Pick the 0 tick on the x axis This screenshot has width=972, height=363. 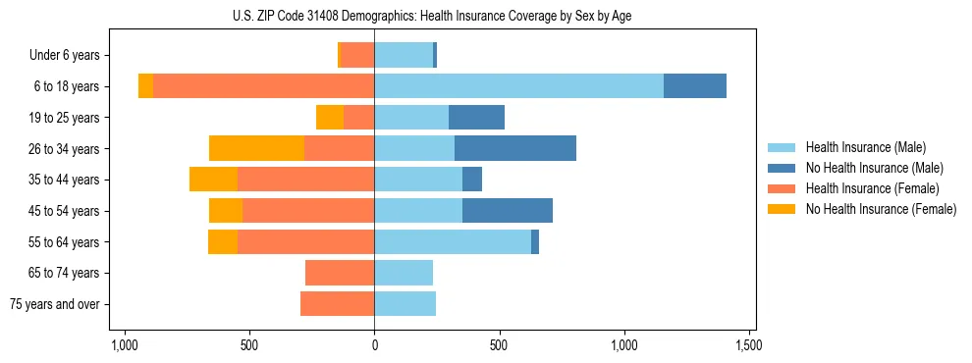pos(374,346)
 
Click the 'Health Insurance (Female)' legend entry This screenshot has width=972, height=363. pos(872,188)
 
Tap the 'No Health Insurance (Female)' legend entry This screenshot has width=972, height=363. pos(880,209)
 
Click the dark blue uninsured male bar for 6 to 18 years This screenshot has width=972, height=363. pos(695,86)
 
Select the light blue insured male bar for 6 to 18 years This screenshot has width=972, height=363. pos(518,86)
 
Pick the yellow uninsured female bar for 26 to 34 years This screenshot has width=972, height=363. pos(256,148)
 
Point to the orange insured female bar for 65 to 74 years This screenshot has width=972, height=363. pos(340,273)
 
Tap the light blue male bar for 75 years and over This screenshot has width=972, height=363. pos(405,304)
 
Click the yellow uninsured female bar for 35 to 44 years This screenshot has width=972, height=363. pos(213,180)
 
